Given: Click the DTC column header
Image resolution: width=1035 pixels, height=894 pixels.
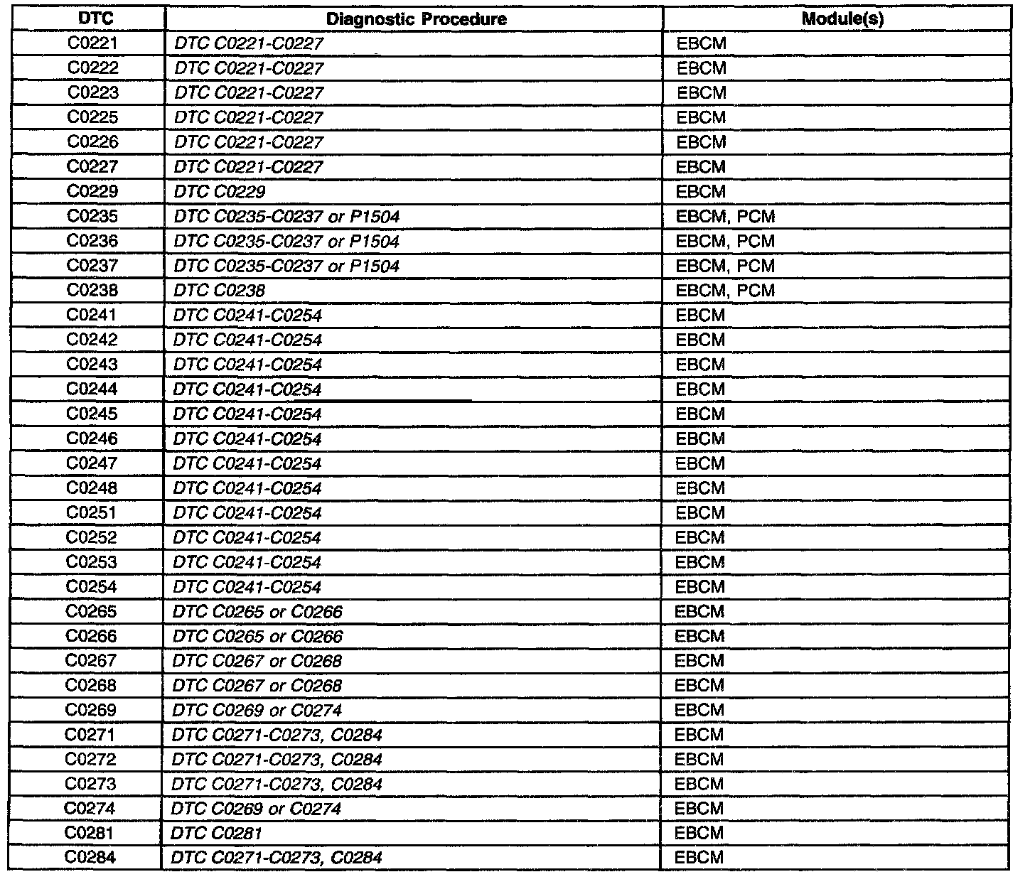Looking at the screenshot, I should pyautogui.click(x=93, y=18).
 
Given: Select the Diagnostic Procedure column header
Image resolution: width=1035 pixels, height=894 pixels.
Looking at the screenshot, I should pyautogui.click(x=417, y=19).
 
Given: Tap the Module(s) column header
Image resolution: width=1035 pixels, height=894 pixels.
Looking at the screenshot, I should pyautogui.click(x=842, y=19).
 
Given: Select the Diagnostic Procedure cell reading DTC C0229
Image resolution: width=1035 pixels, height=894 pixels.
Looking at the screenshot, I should pyautogui.click(x=220, y=192).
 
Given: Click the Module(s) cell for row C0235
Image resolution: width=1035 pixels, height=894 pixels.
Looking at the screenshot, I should pyautogui.click(x=726, y=217).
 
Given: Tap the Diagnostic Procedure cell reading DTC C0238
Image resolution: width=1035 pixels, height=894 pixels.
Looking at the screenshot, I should pyautogui.click(x=220, y=291).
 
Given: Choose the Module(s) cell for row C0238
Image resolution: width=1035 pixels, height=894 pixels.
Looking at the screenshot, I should pyautogui.click(x=726, y=291).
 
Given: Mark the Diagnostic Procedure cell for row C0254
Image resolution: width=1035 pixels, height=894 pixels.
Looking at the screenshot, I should pyautogui.click(x=247, y=587).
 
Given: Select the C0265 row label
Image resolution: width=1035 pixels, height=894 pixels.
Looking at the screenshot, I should pyautogui.click(x=92, y=611).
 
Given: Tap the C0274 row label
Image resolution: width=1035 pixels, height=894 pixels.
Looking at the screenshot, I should pyautogui.click(x=90, y=808).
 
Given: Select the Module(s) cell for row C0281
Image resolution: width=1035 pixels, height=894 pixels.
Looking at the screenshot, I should pyautogui.click(x=699, y=833).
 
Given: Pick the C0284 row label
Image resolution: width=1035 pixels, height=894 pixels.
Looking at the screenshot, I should pyautogui.click(x=90, y=857).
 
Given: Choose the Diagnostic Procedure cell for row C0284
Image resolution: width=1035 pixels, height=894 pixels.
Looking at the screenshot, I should pyautogui.click(x=277, y=858).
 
